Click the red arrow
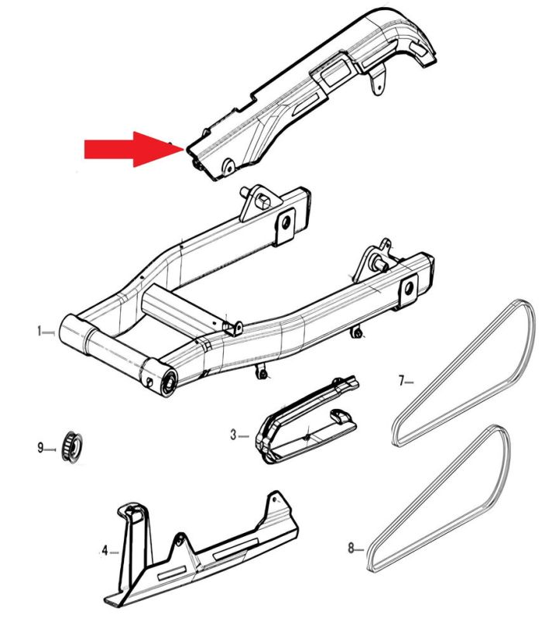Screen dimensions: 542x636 point(134,150)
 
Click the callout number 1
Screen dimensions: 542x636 point(39,331)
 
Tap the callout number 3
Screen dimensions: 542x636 point(233,435)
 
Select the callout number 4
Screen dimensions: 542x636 point(105,551)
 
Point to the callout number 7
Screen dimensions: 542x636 point(402,380)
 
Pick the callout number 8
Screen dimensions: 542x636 point(351,548)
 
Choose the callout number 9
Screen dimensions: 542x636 point(40,448)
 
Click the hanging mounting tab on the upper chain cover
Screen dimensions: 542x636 point(378,81)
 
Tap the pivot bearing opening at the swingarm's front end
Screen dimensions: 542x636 point(169,383)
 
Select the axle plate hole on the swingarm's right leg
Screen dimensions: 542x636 point(409,289)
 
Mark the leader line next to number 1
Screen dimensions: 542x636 point(49,332)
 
